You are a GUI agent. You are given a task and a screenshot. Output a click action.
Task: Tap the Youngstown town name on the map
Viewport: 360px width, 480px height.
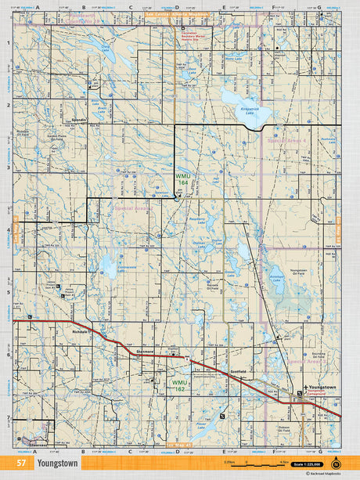coord(322,388)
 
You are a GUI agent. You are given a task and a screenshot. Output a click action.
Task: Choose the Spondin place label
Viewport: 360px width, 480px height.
coord(78,120)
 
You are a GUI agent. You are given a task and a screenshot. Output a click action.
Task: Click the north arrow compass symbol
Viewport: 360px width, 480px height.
coord(337,464)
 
